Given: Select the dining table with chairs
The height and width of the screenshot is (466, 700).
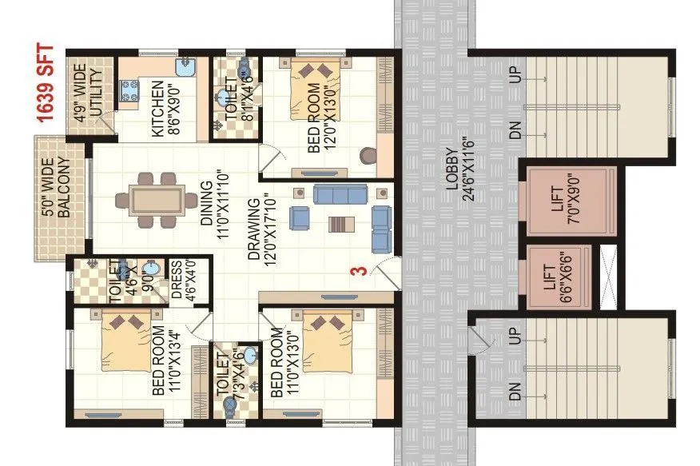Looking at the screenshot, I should click(x=157, y=197).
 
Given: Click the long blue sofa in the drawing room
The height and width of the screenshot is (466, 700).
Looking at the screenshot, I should click(x=340, y=194).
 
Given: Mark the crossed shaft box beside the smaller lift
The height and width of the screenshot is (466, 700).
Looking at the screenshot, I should click(x=610, y=277).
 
